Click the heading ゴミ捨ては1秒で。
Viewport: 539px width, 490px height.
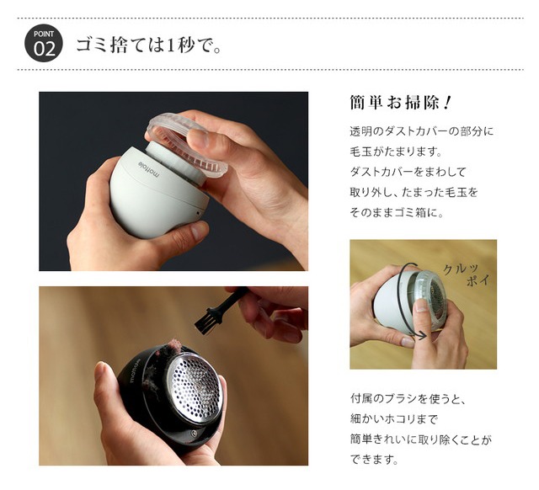(x=149, y=45)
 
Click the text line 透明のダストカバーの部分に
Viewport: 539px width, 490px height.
(x=420, y=132)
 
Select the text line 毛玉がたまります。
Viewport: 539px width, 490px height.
(x=394, y=152)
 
